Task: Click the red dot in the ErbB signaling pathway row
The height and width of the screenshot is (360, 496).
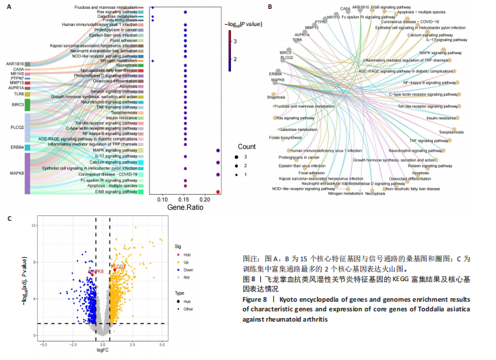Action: [x=218, y=192]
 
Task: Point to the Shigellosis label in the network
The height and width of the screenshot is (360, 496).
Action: [x=277, y=98]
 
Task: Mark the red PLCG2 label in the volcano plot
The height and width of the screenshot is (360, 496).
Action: [x=117, y=266]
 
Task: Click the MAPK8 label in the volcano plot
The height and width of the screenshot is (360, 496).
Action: [x=95, y=272]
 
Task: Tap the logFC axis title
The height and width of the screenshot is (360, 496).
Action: [x=103, y=349]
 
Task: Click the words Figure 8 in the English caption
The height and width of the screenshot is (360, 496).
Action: [x=257, y=300]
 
